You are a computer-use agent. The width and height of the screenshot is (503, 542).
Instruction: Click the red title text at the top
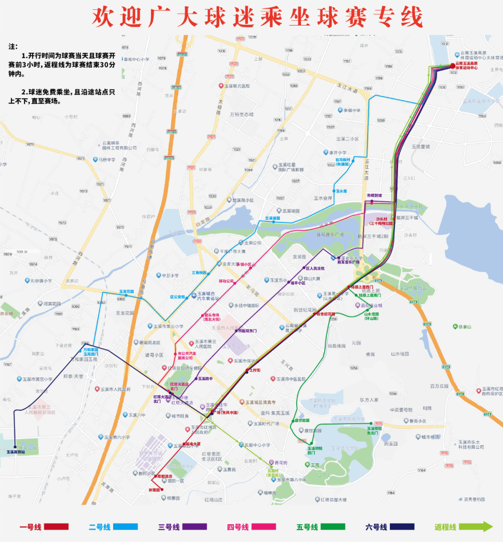[x=257, y=17]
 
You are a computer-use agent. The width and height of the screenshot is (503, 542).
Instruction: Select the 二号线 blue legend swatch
[x=126, y=527]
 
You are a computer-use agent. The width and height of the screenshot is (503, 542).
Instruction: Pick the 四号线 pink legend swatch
[x=264, y=527]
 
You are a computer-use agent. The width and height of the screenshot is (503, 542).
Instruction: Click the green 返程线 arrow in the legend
[x=476, y=527]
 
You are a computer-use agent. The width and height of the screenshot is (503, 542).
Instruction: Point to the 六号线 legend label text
[x=376, y=527]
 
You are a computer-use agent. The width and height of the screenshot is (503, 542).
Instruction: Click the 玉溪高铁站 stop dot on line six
[x=15, y=447]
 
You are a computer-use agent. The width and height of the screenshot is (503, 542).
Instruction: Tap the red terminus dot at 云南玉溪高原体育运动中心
[x=452, y=66]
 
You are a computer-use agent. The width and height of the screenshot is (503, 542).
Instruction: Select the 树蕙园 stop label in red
[x=154, y=490]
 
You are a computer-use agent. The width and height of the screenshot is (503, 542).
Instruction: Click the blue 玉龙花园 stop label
[x=126, y=292]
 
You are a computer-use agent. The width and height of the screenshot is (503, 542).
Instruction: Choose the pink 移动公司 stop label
[x=226, y=281]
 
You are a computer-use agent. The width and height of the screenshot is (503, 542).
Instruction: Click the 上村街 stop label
[x=255, y=370]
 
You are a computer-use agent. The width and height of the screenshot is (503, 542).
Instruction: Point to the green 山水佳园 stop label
[x=371, y=316]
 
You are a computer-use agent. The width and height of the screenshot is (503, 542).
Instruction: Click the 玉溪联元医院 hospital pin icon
[x=221, y=86]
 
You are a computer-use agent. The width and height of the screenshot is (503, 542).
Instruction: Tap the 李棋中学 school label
[x=352, y=110]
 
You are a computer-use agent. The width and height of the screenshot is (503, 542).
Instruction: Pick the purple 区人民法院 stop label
[x=315, y=268]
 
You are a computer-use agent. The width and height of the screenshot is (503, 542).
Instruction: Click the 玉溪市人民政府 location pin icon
[x=97, y=389]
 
